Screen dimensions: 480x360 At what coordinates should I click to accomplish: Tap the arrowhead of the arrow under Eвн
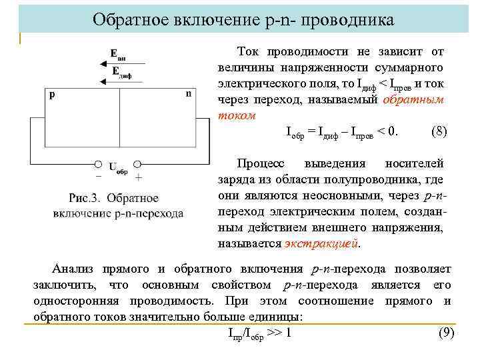pos(100,64)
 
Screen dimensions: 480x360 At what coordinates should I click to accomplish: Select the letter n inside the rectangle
pos(189,94)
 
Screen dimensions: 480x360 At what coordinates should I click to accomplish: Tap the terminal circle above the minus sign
pos(98,163)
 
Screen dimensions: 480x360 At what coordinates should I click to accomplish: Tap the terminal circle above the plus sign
pos(137,163)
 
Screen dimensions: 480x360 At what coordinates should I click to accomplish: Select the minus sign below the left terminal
pos(99,177)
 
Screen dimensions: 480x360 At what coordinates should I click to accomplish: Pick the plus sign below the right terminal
pos(138,178)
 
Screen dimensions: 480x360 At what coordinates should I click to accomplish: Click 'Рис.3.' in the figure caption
pos(85,198)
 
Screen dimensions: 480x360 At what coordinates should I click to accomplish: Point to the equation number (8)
pos(439,131)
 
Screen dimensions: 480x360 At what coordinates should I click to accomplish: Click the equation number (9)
pos(445,333)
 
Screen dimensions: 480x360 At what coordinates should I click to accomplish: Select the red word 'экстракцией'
pos(321,243)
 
